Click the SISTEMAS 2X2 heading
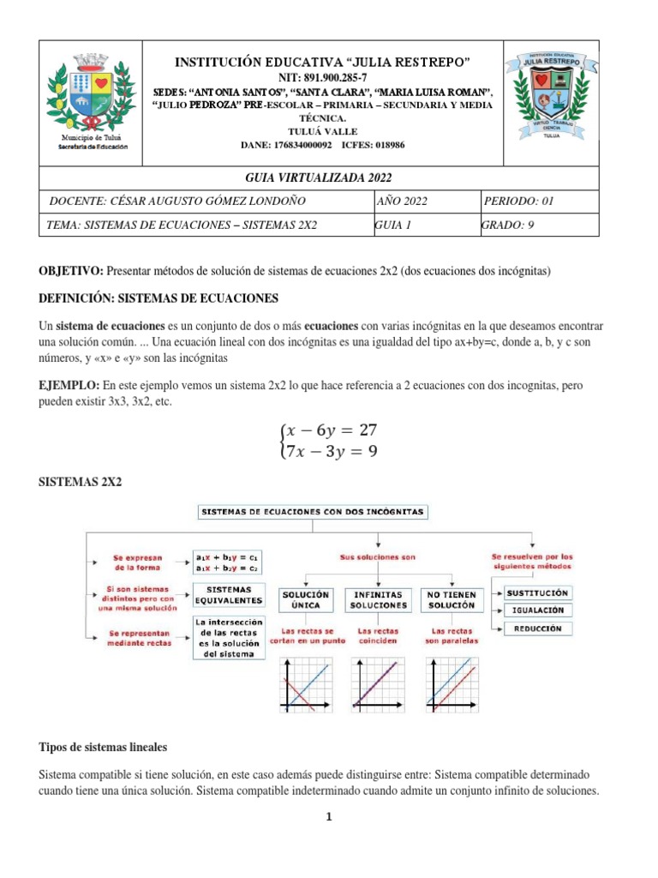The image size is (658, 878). [x=81, y=483]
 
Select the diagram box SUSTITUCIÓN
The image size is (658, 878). [x=537, y=592]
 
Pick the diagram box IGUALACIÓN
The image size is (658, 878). [x=537, y=610]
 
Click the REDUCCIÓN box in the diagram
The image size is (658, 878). [x=537, y=628]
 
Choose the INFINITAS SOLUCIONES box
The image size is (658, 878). [x=378, y=599]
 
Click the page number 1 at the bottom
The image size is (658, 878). [x=328, y=817]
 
